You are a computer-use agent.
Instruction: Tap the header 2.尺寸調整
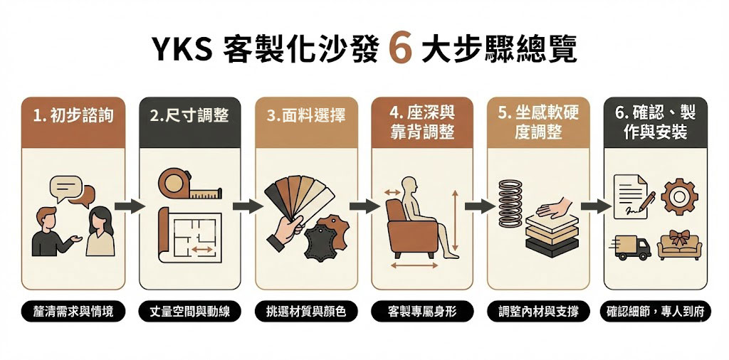tap(189, 115)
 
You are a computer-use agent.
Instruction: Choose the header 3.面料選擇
tap(305, 115)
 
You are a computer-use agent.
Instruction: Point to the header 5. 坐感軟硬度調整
tap(538, 122)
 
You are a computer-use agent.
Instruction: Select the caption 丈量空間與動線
tap(189, 311)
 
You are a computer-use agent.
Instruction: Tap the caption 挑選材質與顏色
tap(305, 311)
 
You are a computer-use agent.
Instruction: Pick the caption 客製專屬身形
tap(422, 311)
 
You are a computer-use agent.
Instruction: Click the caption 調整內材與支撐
tap(538, 311)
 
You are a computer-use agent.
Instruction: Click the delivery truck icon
tap(631, 246)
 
